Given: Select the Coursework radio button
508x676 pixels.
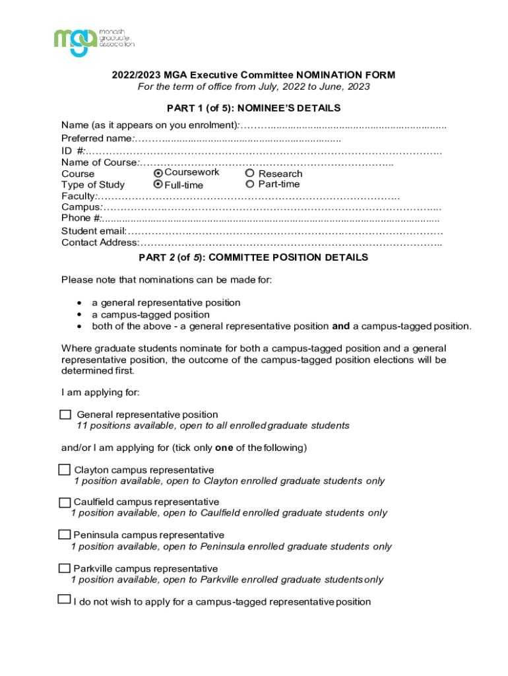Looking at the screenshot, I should coord(158,173).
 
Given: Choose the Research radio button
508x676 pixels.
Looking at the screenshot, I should coord(250,174).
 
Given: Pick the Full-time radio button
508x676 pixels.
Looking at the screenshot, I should coord(158,185).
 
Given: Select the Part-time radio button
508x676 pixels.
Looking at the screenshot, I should coord(250,184).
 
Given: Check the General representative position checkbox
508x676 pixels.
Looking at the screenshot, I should coord(65,415).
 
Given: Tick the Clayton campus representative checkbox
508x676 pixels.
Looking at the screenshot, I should coord(64,470).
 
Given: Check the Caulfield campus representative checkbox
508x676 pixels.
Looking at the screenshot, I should coord(64,502).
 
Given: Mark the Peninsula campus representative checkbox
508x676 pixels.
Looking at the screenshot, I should coord(64,535).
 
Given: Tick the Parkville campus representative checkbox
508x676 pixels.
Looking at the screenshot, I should coord(64,568).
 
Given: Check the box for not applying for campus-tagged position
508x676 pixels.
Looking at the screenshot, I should coord(64,600).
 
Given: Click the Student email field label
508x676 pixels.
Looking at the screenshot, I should coord(94,231).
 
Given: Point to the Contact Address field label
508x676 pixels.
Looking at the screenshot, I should coord(100,242).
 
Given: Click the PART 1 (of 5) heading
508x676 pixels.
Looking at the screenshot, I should coord(253,108).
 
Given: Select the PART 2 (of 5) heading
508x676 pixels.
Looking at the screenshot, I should coord(253,257).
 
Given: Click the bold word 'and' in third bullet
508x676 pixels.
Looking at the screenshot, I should coord(340,326).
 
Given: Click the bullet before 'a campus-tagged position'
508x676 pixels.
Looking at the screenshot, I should coord(80,315).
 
